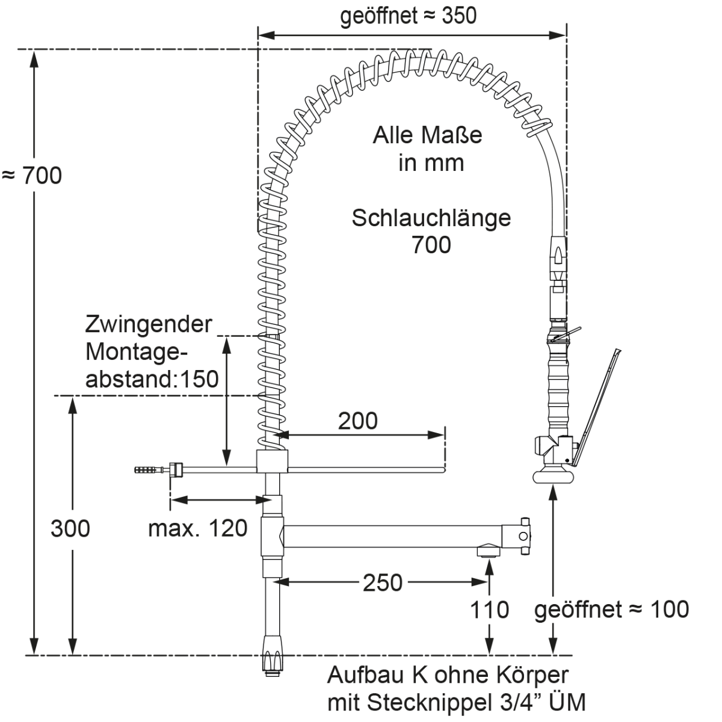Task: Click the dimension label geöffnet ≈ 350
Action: click(x=409, y=16)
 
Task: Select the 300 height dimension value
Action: click(x=70, y=528)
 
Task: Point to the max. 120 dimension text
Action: click(x=198, y=528)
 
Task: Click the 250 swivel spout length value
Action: click(x=383, y=582)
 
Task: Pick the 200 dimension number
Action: click(x=357, y=421)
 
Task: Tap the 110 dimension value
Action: click(x=489, y=610)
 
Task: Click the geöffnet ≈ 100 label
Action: click(x=611, y=609)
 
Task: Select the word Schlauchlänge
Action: click(x=431, y=218)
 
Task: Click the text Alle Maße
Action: click(x=427, y=135)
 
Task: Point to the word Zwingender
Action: click(x=149, y=324)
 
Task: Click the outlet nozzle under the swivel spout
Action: click(x=488, y=551)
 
